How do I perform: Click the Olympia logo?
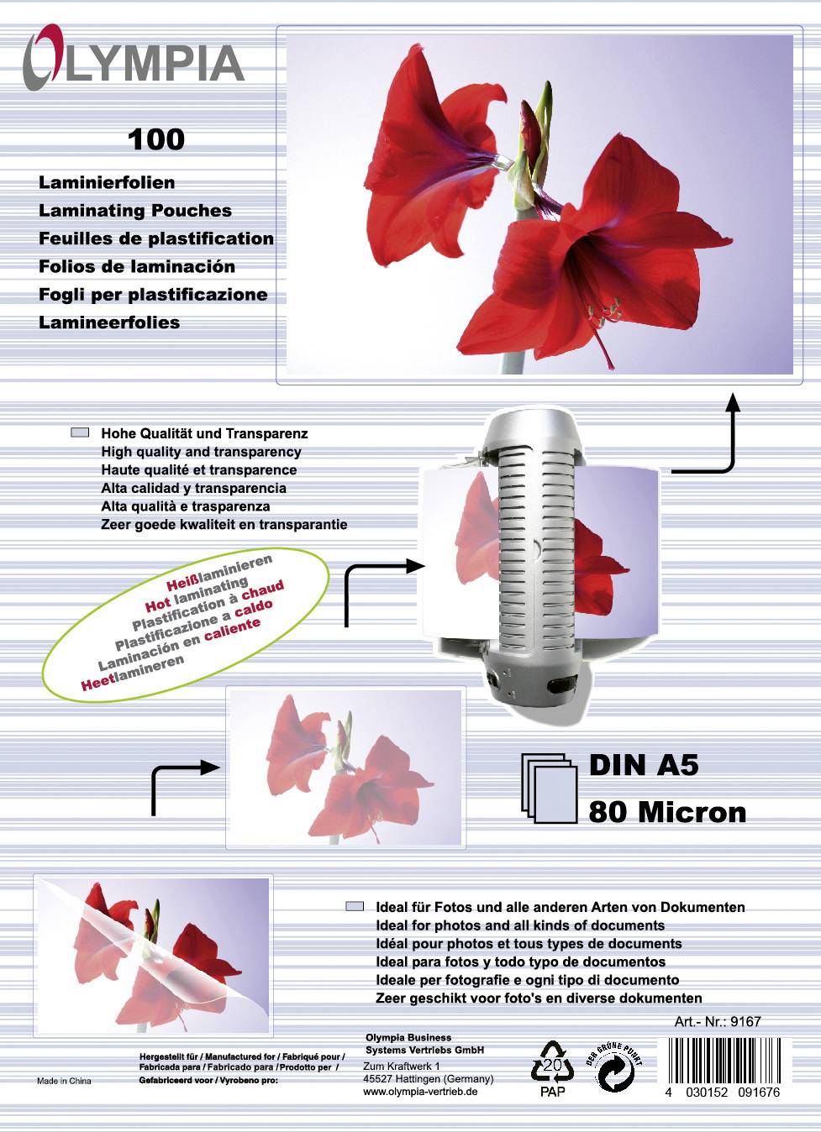pos(133,60)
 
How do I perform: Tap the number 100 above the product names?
pos(156,139)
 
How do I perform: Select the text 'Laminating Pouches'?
pos(135,211)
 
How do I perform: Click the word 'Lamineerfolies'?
pos(109,322)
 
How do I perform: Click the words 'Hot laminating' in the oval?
pos(197,593)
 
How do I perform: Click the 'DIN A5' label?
pos(644,765)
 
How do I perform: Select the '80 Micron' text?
pos(667,812)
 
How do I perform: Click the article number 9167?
pos(745,1022)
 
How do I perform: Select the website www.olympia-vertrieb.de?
pos(420,1091)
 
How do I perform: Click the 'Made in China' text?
pos(64,1081)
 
